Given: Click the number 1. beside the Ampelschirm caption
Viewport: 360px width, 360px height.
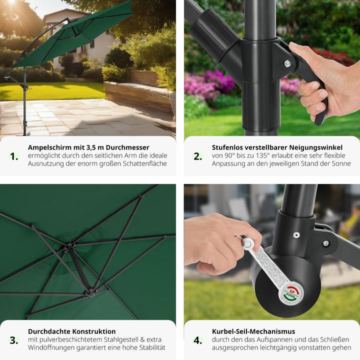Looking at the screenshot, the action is coord(14,156).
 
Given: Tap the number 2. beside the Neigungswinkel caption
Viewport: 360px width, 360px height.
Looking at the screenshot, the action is coord(198,156).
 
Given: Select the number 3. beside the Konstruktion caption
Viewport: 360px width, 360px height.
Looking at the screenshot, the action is coord(14,340).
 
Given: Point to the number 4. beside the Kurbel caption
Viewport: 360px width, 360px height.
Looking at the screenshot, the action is coord(198,340).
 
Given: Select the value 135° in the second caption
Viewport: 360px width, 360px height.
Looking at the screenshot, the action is coord(260,155).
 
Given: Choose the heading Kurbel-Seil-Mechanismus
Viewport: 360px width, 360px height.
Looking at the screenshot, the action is coord(253,331).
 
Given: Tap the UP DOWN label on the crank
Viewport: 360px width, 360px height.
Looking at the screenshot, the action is coord(291,294).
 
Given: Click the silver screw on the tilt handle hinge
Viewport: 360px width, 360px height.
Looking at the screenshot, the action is coord(287,63).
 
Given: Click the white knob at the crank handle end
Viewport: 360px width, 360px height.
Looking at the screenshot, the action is coord(247,244).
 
